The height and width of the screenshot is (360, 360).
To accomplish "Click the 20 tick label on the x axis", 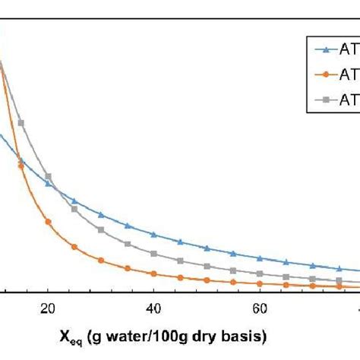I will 48,309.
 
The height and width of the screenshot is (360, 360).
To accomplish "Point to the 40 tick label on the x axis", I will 154,309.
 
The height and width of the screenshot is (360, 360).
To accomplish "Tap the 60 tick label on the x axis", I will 261,309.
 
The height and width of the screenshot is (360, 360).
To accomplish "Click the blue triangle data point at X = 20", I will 48,184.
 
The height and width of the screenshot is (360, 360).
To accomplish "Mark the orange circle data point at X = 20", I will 48,222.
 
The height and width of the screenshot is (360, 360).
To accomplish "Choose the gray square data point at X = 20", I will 48,176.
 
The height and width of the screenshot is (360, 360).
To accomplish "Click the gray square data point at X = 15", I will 21,123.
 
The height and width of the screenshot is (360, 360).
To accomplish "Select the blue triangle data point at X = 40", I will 154,235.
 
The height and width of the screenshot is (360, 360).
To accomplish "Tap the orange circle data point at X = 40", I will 154,273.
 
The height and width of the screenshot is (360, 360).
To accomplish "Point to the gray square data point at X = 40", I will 154,254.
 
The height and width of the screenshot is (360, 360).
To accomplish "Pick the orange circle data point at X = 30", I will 101,260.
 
